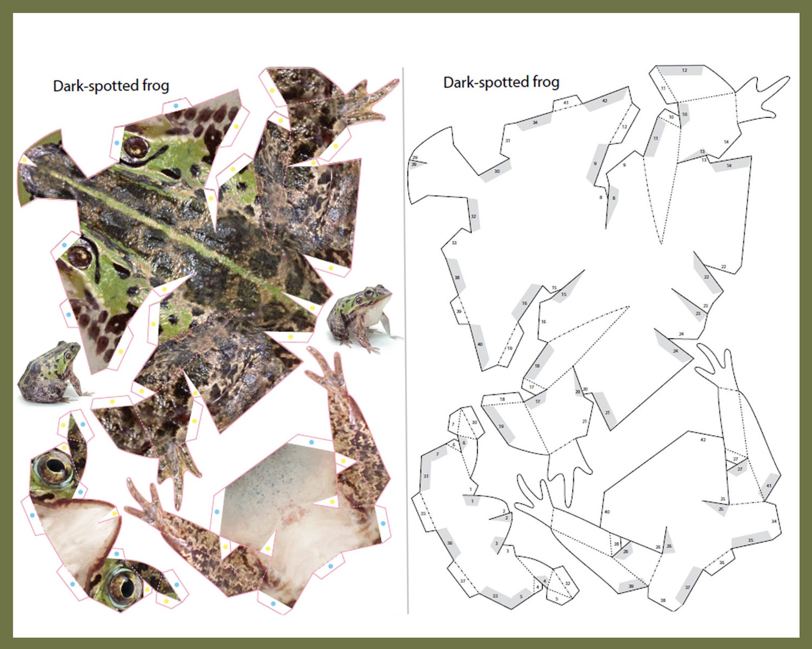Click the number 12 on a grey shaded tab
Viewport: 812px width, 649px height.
tap(684, 70)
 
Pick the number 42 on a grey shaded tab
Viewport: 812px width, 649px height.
tap(604, 101)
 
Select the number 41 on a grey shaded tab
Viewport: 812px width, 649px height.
tap(768, 486)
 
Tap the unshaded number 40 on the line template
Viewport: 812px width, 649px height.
tap(607, 512)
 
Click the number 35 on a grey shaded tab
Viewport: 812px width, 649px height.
tap(751, 540)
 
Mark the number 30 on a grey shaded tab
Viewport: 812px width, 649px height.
tap(497, 171)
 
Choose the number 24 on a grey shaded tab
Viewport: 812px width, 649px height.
tap(675, 351)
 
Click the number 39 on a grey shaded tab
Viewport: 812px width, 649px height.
tap(631, 586)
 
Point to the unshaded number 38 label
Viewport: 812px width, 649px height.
tap(663, 600)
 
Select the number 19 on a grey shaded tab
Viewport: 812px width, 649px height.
tap(501, 426)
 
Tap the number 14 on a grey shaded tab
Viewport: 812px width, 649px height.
tap(729, 166)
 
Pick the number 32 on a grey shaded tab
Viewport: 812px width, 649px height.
tap(473, 216)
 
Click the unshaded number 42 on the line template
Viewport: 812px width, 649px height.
tap(703, 439)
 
